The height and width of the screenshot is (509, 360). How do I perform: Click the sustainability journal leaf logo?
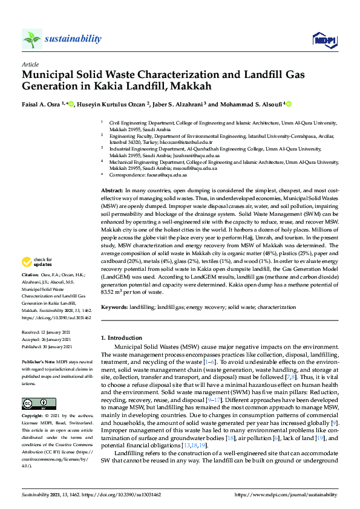[32, 39]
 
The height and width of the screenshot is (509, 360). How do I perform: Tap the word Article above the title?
[30, 63]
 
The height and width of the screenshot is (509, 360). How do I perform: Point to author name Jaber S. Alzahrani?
[177, 104]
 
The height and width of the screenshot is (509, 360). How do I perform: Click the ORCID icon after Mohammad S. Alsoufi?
[289, 104]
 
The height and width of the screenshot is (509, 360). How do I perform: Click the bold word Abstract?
[113, 190]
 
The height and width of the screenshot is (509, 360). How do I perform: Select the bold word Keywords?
[114, 308]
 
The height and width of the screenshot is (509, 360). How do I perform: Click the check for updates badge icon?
[27, 262]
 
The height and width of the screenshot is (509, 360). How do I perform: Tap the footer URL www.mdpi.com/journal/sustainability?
[296, 494]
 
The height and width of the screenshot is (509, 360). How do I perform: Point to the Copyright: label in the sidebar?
[33, 417]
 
